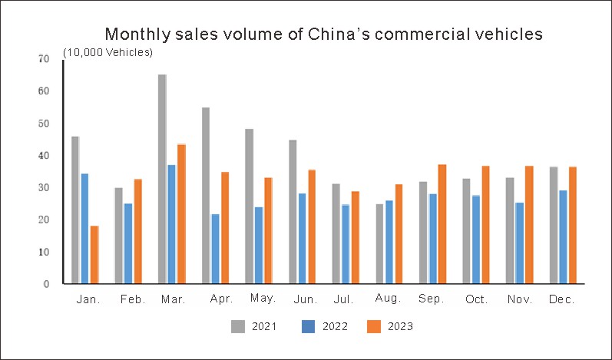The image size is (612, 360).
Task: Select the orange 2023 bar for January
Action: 94,254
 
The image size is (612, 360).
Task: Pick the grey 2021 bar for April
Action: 206,195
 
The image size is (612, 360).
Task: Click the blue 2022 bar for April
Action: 215,249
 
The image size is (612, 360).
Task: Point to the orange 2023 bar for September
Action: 442,223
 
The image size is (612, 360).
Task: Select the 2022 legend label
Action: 335,327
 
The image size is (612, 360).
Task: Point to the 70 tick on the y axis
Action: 45,59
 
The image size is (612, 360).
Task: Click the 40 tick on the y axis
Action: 45,156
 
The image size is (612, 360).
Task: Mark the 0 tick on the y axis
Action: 47,284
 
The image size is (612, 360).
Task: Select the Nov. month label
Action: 519,300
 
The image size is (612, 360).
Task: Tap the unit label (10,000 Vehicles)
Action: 108,52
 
